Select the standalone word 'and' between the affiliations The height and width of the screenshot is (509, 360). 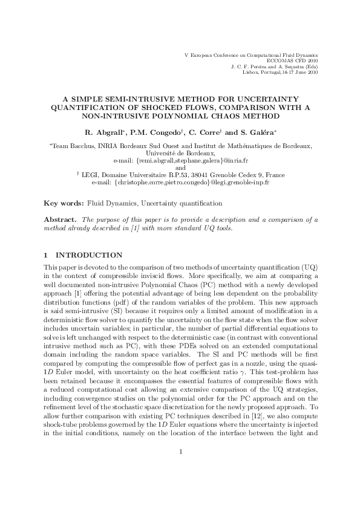180,168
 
